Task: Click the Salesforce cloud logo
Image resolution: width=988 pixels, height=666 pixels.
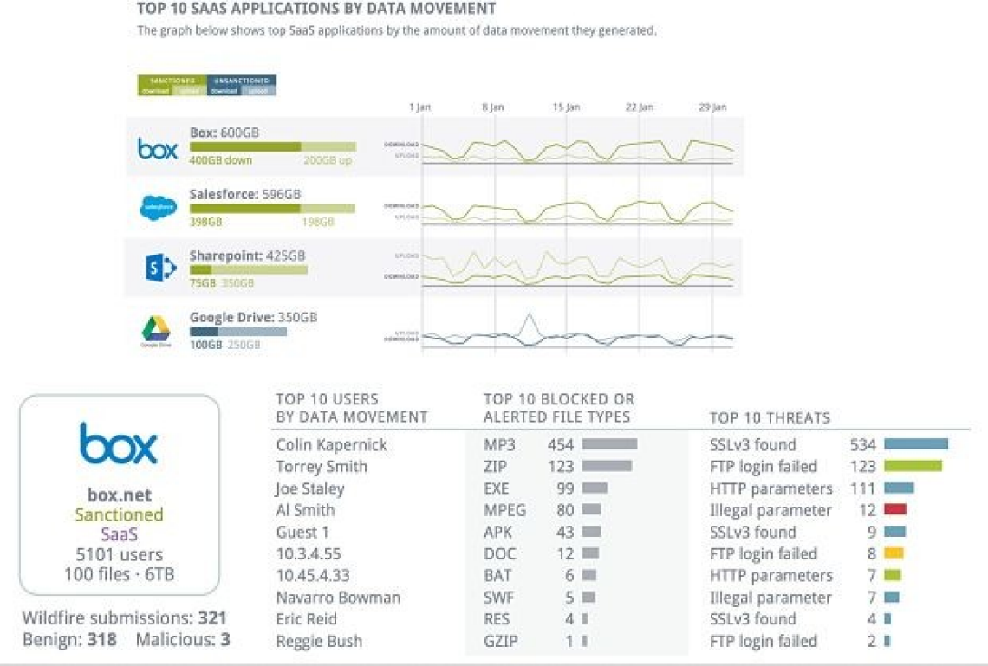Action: point(158,208)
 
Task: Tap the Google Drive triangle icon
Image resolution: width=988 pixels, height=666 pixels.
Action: point(157,329)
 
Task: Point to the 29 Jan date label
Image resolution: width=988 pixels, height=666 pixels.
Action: point(712,107)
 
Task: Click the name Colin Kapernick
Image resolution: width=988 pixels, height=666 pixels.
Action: point(331,445)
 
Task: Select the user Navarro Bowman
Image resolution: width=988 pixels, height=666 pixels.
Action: point(338,598)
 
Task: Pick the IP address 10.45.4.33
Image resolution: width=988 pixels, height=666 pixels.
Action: point(313,576)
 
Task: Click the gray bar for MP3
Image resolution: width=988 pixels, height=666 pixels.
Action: point(609,444)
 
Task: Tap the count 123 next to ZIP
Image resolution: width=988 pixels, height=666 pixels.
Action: point(561,467)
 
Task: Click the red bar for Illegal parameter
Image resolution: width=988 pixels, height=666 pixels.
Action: point(895,510)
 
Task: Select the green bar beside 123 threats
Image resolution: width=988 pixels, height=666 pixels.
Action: point(913,467)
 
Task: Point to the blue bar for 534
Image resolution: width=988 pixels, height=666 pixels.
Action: point(916,444)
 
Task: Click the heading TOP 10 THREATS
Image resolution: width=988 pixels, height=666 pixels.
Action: point(770,418)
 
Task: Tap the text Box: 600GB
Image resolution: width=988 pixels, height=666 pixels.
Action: point(224,133)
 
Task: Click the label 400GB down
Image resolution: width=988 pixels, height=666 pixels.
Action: point(220,161)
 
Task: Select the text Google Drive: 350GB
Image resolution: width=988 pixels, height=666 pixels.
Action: point(253,318)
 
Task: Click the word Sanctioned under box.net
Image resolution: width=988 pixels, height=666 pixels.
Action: point(119,515)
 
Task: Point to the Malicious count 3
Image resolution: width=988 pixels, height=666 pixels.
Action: point(225,641)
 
